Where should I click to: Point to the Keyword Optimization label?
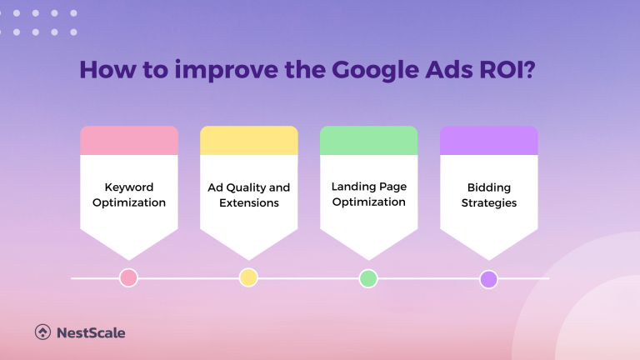point(129,195)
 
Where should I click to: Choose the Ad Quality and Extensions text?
point(249,195)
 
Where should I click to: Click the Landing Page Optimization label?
point(368,195)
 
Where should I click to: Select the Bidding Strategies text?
point(488,195)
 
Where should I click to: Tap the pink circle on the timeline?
point(128,278)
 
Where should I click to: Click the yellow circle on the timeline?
point(248,278)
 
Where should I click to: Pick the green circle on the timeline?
point(368,278)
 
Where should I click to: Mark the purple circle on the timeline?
point(488,278)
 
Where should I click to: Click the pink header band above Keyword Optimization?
point(129,141)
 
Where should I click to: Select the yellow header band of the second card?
point(249,141)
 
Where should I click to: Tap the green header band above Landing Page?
point(368,141)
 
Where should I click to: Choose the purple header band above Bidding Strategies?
point(488,141)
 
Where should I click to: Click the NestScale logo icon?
point(42,332)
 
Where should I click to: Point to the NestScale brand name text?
point(91,332)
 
